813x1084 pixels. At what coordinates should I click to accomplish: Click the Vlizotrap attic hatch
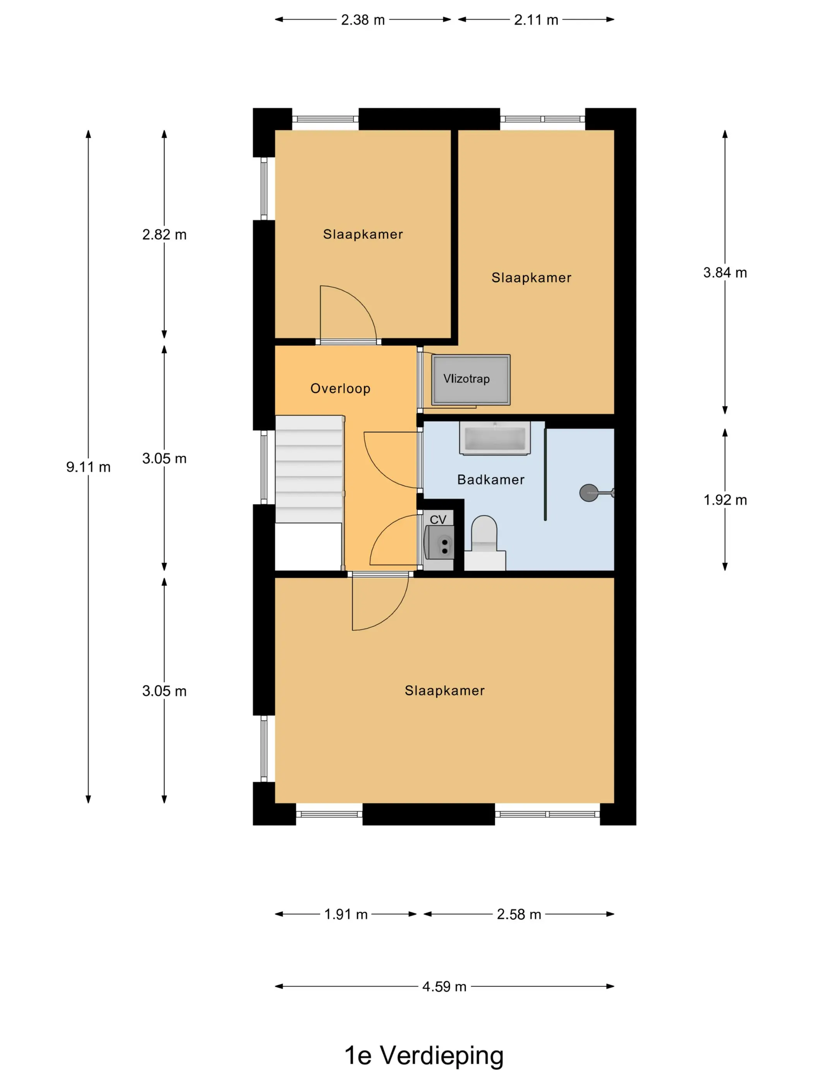coord(470,380)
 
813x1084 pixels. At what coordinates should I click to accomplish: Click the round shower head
coord(588,492)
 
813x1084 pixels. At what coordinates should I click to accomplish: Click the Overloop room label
coord(340,389)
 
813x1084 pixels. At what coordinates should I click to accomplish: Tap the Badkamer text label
coord(491,480)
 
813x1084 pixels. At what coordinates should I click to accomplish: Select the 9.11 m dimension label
coord(88,467)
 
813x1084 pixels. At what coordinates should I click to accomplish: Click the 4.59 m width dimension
coord(444,986)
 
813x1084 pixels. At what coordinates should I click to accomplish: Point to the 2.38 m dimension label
coord(363,20)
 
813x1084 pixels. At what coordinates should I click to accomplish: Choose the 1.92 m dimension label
coord(725,500)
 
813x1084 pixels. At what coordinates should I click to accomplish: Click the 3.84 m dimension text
coord(725,273)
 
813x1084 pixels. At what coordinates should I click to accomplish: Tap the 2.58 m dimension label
coord(519,914)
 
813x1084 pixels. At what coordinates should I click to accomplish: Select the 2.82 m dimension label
coord(164,235)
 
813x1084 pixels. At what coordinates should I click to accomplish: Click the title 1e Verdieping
coord(424,1056)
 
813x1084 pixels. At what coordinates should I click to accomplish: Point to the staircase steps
coord(309,469)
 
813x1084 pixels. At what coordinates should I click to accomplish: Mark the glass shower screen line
coord(545,474)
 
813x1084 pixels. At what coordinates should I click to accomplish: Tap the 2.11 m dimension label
coord(536,20)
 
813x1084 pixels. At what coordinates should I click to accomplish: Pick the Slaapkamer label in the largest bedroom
coord(444,691)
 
